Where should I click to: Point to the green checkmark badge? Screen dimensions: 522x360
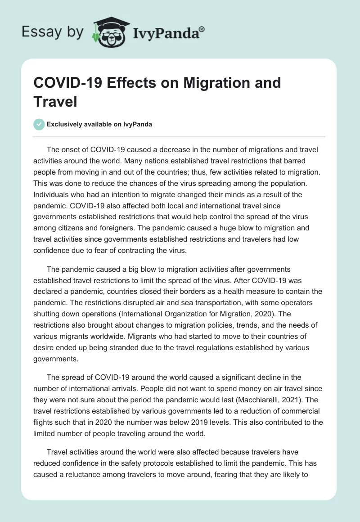click(40, 124)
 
